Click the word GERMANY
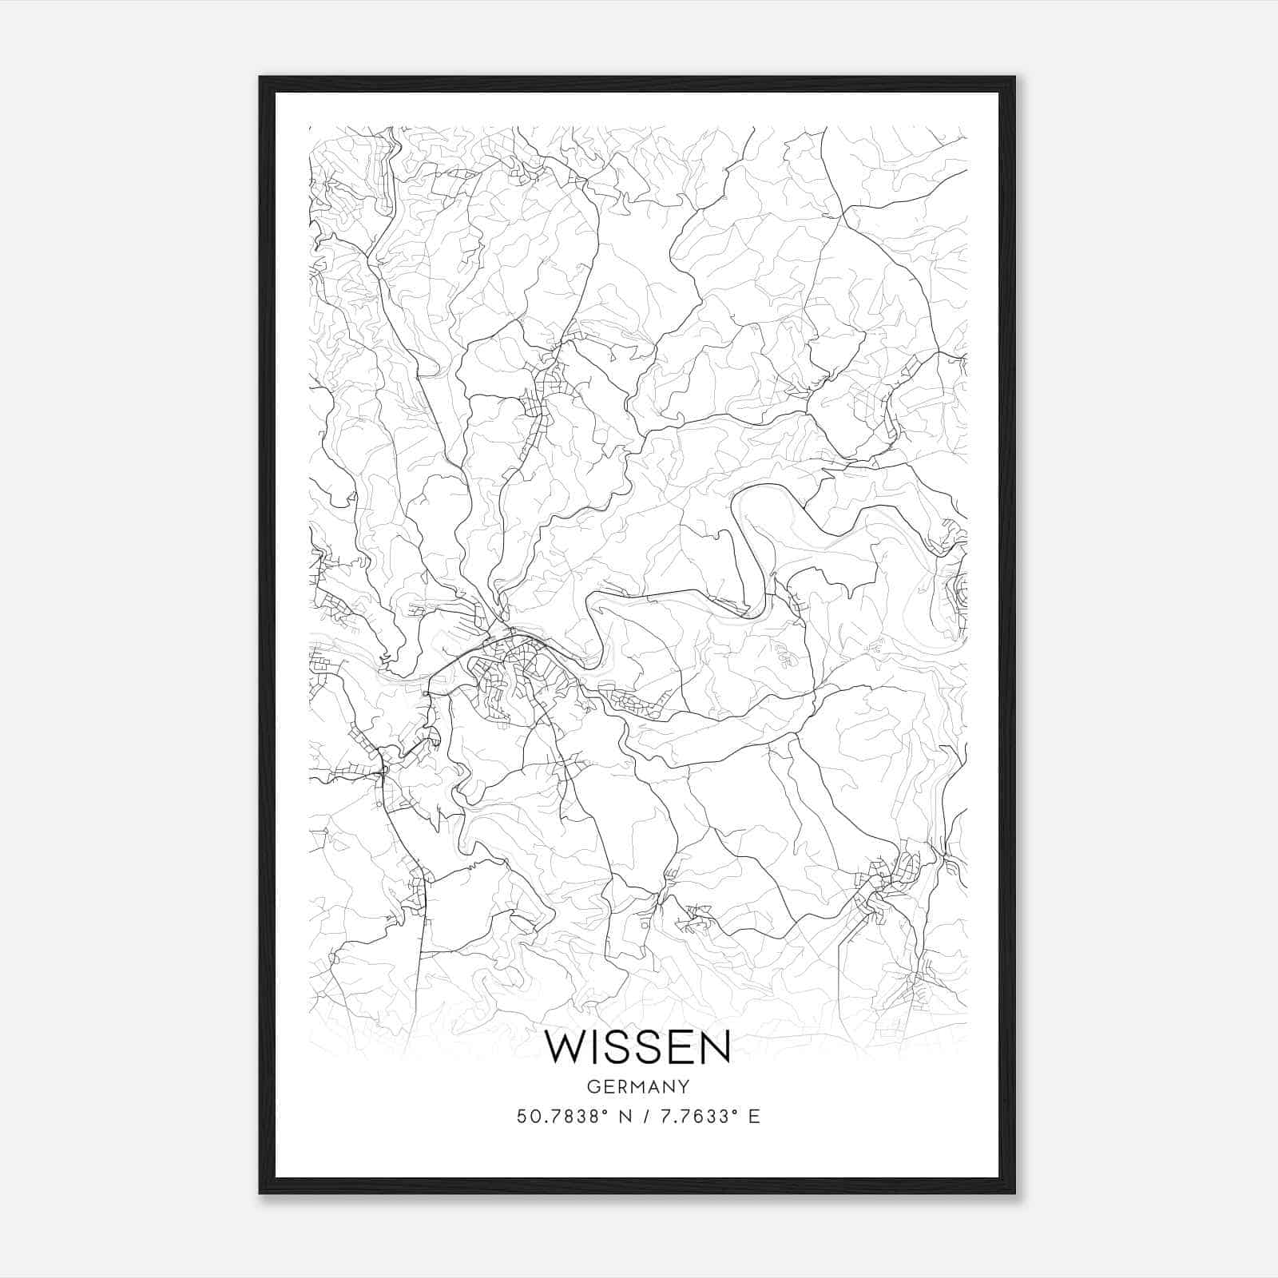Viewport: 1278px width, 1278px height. point(638,1086)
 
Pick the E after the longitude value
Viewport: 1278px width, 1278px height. point(753,1117)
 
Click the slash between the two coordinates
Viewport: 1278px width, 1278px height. point(643,1117)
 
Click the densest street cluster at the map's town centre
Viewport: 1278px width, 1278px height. point(511,667)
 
